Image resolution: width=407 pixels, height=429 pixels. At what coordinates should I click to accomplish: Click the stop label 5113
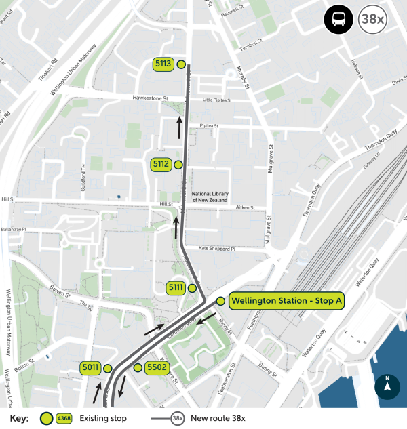coord(163,64)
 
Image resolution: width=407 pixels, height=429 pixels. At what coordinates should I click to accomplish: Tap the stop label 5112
coord(161,164)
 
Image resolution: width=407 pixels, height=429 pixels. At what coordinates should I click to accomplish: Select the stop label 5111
coord(176,288)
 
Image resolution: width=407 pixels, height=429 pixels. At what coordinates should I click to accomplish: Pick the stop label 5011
coord(90,368)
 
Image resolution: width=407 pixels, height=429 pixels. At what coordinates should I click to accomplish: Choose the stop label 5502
coord(157,368)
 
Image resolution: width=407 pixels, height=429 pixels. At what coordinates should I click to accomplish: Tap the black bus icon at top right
coord(337,20)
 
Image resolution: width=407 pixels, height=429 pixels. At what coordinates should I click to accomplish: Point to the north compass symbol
coord(387,388)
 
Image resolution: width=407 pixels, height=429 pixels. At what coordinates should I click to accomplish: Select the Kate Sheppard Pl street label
coord(216,249)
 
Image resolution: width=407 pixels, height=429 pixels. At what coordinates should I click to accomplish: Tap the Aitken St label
coord(244,208)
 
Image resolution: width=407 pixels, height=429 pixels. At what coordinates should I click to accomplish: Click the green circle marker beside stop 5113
coord(181,64)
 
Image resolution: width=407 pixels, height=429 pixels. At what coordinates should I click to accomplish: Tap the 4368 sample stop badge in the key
coord(64,418)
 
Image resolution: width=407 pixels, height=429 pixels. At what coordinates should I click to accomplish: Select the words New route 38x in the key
coord(218,418)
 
